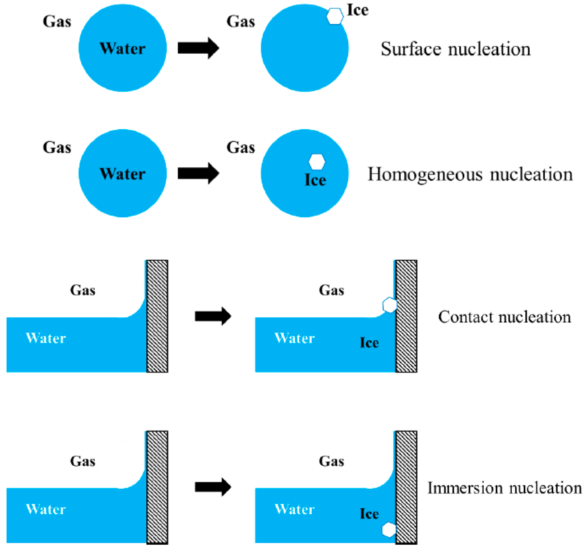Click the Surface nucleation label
coord(455,49)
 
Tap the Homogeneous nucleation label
coord(470,174)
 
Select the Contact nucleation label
coord(504,317)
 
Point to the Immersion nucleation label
coord(504,488)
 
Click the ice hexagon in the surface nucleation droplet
coord(335,16)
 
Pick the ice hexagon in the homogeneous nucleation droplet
coord(317,162)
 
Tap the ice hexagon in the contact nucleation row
coord(389,305)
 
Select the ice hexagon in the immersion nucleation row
coord(389,530)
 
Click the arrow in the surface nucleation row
coord(198,48)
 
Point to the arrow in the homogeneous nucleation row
coord(198,173)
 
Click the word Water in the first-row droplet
coord(123,48)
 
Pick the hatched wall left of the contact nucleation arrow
coord(157,316)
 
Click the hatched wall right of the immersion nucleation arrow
coord(406,488)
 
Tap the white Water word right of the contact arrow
coord(295,338)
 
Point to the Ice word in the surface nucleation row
coord(358,10)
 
